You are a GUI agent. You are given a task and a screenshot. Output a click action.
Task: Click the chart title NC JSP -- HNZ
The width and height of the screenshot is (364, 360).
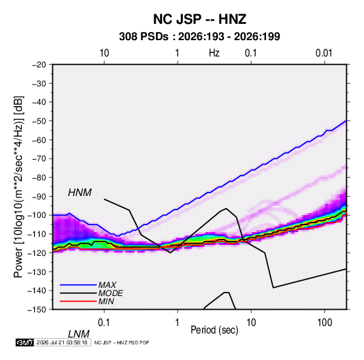point(199,19)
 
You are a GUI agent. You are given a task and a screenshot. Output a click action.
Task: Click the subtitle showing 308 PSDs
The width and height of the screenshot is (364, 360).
point(199,37)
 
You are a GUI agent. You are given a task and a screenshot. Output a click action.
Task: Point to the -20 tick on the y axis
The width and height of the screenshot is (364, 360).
point(39,65)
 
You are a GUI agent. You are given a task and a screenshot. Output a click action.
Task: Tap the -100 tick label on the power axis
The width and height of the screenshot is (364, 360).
point(37,215)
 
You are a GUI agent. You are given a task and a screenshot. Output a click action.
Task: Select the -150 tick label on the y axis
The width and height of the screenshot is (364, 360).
point(37,310)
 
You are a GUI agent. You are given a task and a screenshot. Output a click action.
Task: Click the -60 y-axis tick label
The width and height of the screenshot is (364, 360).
point(39,140)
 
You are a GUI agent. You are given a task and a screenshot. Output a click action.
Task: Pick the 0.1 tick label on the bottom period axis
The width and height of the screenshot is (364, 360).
point(104,323)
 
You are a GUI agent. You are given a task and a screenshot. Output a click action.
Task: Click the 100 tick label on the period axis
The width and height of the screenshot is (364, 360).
point(325,323)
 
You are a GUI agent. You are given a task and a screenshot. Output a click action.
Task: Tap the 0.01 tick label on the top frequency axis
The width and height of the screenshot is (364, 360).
point(324,53)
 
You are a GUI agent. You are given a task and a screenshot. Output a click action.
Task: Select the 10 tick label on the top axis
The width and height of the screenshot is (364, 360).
point(104,53)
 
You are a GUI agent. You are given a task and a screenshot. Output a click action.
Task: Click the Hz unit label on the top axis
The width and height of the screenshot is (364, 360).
point(214,53)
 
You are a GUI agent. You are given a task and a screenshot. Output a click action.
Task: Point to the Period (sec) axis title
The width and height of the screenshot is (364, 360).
point(214,330)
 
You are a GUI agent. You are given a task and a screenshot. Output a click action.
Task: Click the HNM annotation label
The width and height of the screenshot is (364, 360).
point(80,193)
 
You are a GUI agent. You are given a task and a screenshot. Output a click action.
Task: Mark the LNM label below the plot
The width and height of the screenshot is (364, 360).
point(79,334)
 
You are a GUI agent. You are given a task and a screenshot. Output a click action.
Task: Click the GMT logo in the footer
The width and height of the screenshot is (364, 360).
point(25,342)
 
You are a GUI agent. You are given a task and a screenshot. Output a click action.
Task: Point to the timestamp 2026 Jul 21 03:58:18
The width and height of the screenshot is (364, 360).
point(62,342)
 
